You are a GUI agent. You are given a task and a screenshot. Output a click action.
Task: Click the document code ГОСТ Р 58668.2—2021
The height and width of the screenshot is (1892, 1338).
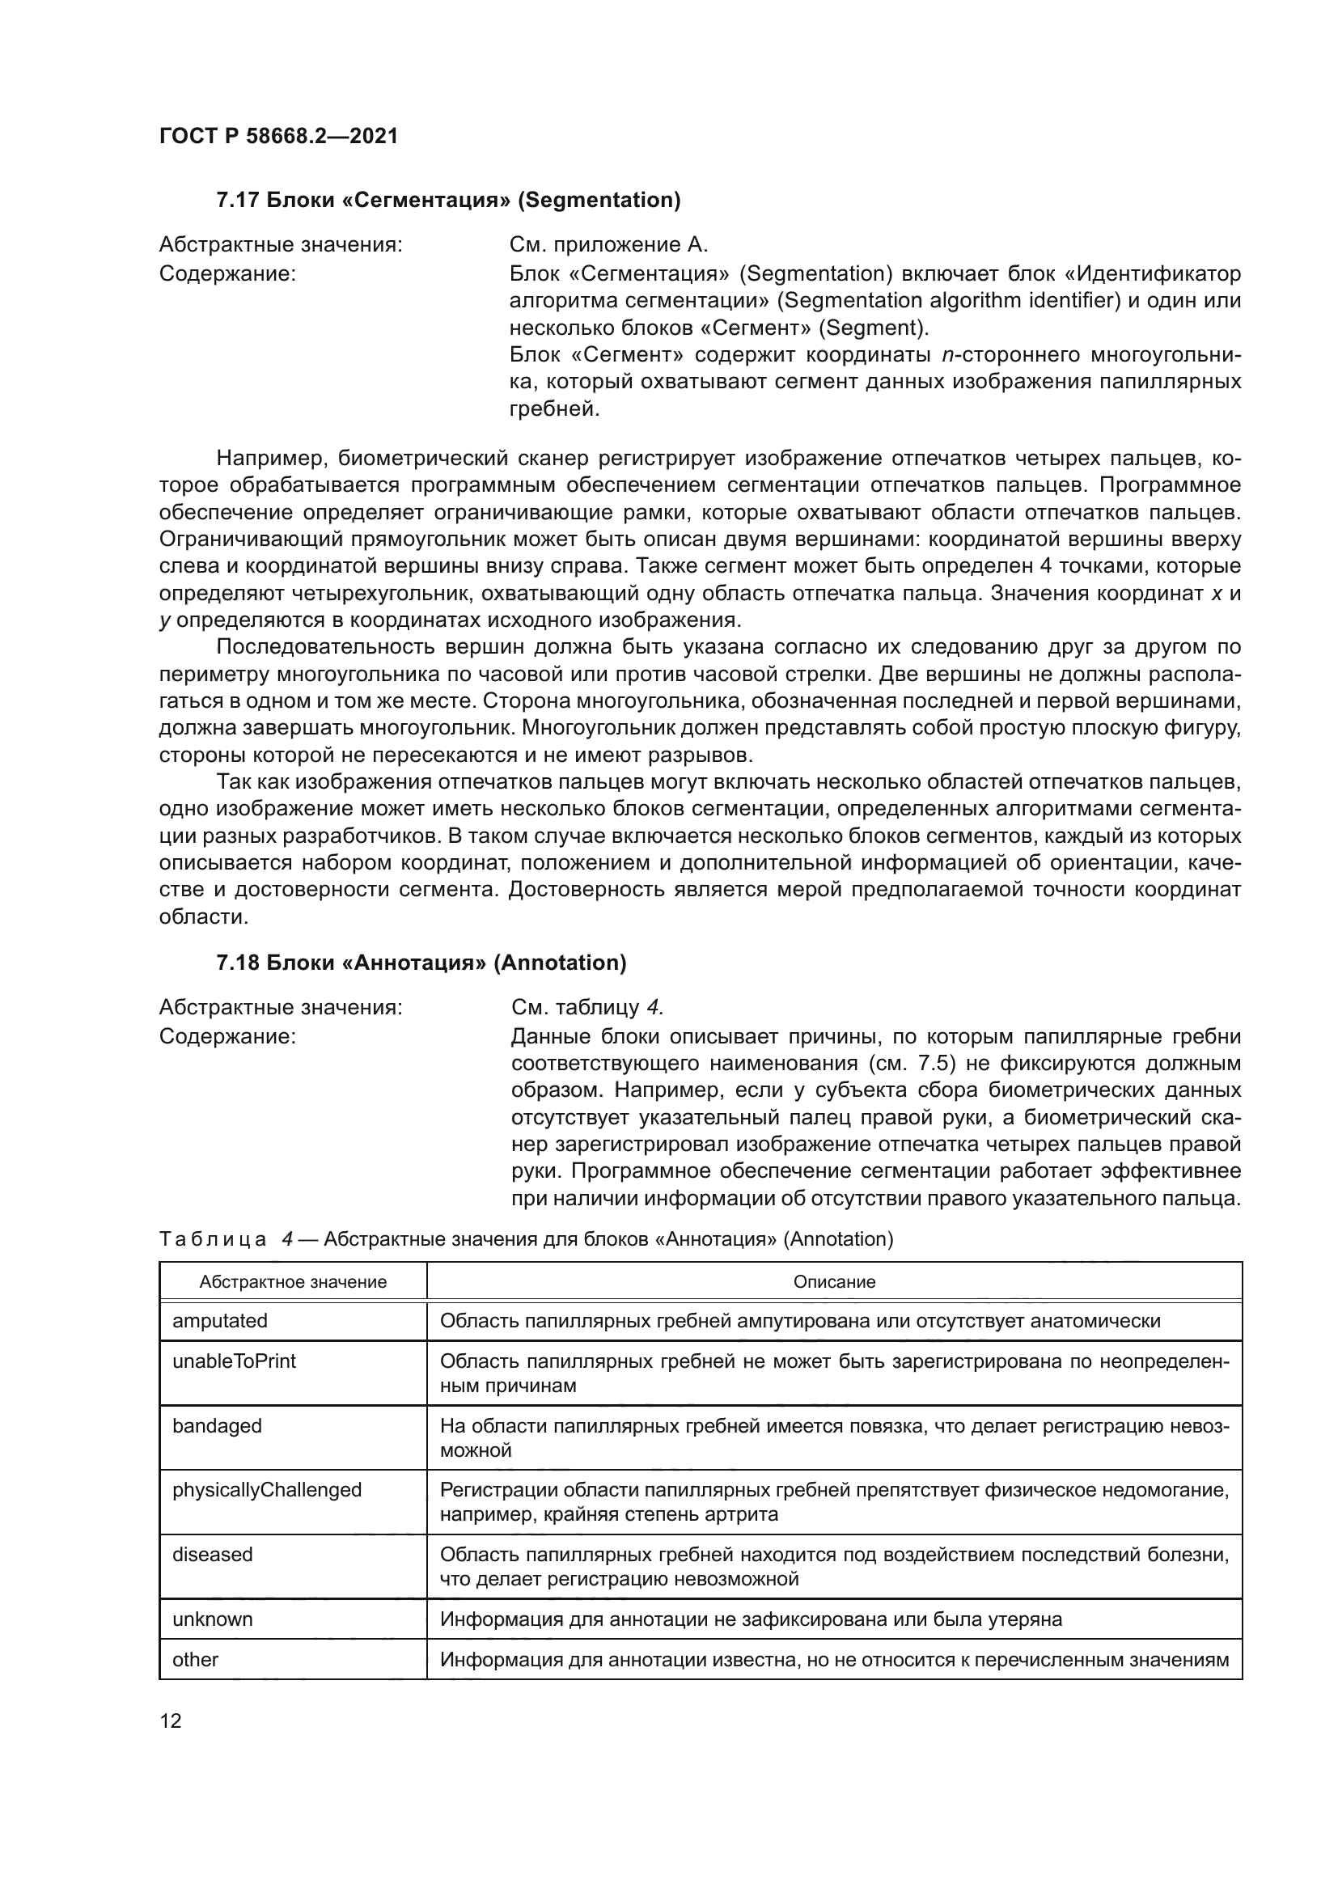(278, 136)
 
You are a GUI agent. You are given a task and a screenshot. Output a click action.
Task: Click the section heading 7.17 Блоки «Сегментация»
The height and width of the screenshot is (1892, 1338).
(448, 201)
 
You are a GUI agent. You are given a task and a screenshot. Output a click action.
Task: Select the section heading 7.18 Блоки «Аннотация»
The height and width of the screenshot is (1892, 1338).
(421, 963)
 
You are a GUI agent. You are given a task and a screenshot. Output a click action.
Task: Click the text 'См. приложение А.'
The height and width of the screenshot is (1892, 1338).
(609, 245)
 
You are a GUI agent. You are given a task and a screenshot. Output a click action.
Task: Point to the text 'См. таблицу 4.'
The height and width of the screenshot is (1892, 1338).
(587, 1008)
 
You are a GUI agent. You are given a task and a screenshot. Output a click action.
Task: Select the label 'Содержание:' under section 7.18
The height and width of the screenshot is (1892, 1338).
(227, 1036)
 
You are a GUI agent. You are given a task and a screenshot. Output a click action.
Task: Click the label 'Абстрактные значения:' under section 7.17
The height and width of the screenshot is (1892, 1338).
(280, 245)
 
